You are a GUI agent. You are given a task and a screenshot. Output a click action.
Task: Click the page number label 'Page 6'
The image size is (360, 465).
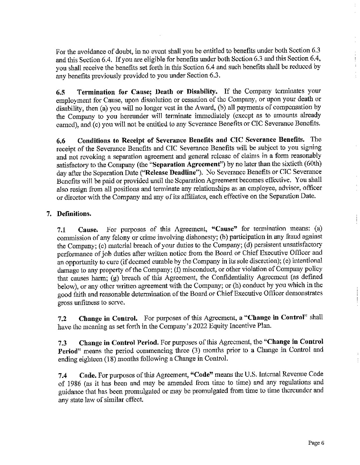click(x=316, y=442)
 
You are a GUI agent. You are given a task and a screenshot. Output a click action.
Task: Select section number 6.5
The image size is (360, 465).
click(x=61, y=93)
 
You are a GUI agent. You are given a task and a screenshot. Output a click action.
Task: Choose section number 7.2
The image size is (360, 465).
click(x=61, y=318)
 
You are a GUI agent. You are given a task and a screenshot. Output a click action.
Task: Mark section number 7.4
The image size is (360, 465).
click(x=61, y=375)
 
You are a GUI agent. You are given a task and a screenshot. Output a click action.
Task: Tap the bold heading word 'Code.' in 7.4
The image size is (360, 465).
click(x=86, y=375)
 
